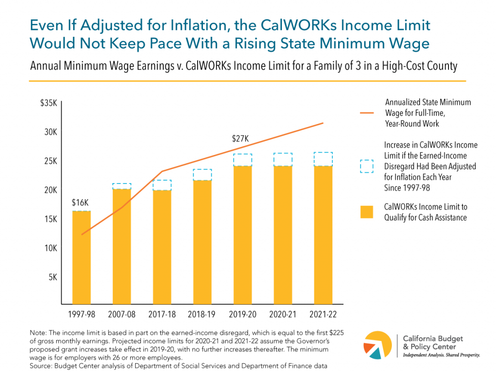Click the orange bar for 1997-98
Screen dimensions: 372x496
click(81, 257)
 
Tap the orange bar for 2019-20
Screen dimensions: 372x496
click(244, 235)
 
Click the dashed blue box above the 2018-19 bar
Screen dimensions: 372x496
click(203, 175)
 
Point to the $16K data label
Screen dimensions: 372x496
click(81, 203)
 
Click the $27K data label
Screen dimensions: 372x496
click(240, 139)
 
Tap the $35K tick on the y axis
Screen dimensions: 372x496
click(49, 103)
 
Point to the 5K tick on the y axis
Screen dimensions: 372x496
click(52, 278)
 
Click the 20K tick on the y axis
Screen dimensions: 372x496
click(50, 190)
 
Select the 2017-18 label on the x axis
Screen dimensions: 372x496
click(162, 314)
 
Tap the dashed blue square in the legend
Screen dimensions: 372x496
click(367, 166)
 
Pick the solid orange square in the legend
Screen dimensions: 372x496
click(367, 212)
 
